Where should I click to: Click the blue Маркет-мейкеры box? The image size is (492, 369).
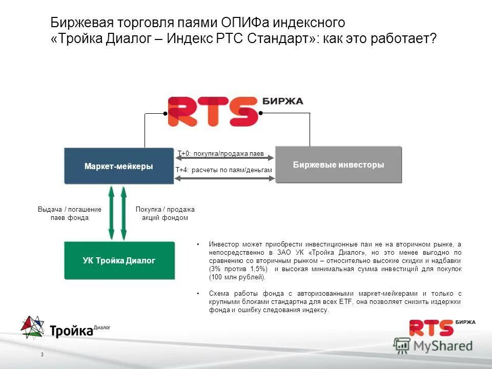tap(118, 166)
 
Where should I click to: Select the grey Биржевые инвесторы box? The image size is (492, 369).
tap(338, 165)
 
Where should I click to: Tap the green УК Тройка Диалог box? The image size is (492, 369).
tap(119, 260)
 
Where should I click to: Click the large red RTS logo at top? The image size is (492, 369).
tap(213, 111)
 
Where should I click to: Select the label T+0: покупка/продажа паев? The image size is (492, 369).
tap(221, 153)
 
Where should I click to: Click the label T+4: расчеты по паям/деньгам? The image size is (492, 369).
tap(223, 170)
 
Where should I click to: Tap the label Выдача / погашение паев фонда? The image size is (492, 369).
tap(70, 213)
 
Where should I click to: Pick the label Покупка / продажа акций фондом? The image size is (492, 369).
tap(165, 213)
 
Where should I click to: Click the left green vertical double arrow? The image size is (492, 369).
tap(111, 213)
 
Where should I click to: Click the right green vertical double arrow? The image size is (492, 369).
tap(124, 213)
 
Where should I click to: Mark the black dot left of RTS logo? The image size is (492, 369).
tap(165, 113)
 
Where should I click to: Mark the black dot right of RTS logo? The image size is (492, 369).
tap(260, 113)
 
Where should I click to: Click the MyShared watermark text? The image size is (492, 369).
tap(443, 346)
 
